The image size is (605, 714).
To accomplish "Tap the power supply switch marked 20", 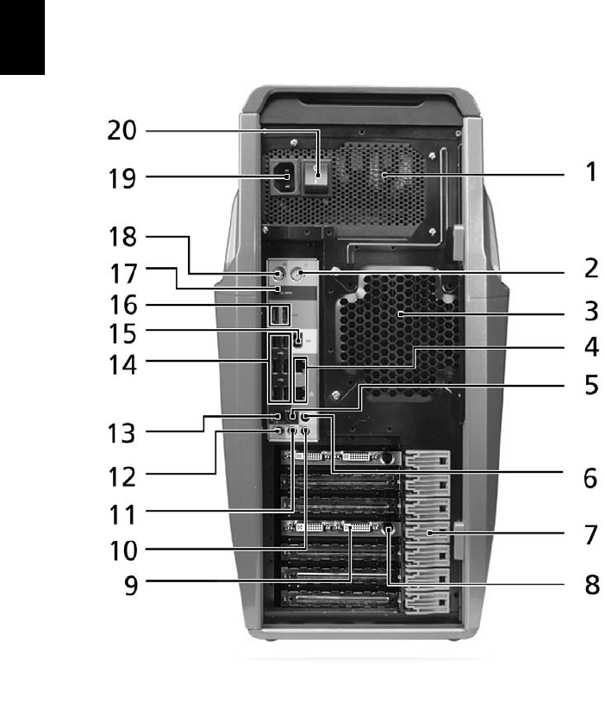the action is pos(319,177).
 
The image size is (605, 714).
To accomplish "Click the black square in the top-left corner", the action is pos(22,36).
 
